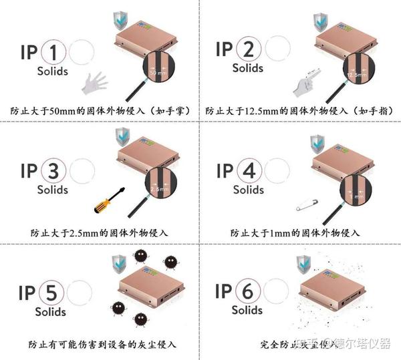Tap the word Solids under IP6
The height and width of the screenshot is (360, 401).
point(247,311)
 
